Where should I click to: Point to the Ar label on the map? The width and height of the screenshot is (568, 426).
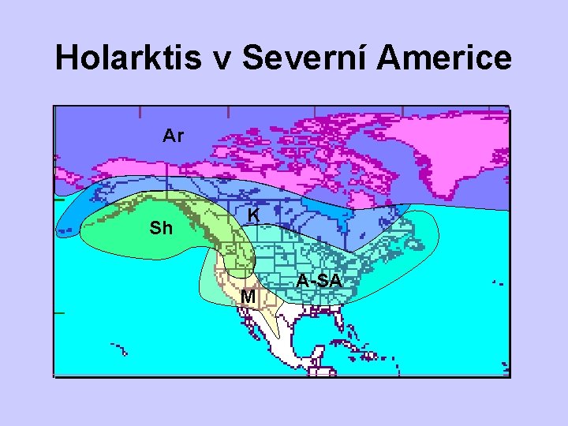tap(173, 136)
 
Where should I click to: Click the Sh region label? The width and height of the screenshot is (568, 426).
tap(161, 229)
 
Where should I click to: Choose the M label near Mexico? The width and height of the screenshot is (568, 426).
tap(248, 297)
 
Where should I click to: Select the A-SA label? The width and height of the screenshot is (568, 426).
tap(319, 281)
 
